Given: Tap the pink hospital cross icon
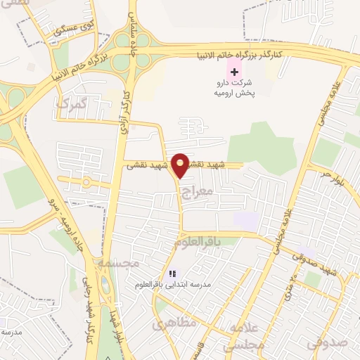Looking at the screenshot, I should tap(233, 72).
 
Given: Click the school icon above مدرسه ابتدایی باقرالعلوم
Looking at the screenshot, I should tap(172, 274).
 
